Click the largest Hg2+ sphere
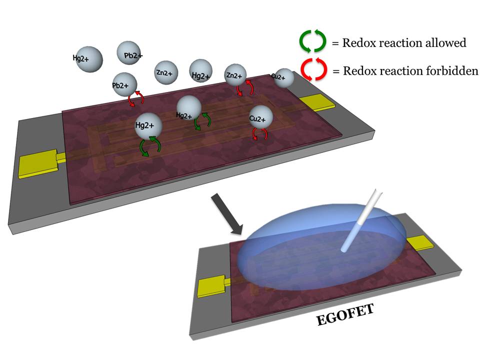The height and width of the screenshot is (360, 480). [148, 126]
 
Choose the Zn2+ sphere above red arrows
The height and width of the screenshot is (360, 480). [236, 76]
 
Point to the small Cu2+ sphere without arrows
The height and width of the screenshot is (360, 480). [283, 77]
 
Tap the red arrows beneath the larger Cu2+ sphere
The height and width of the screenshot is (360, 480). [258, 134]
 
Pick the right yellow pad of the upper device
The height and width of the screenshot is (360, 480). [317, 102]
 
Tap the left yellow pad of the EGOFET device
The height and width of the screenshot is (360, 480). [210, 286]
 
